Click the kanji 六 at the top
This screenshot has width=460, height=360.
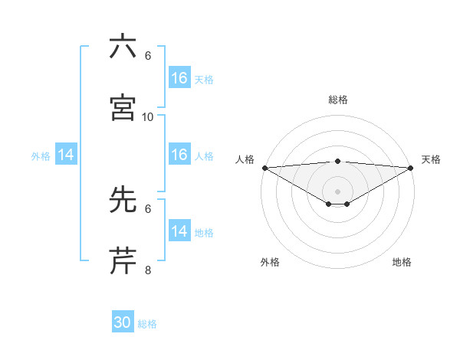123,47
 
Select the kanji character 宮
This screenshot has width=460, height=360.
123,108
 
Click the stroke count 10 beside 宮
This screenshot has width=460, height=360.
148,116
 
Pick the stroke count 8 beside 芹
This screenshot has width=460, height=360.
148,270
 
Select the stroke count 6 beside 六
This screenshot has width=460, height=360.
148,56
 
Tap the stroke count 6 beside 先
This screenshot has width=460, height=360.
148,208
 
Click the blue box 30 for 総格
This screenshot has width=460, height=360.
123,323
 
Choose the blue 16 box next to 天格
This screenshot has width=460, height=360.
179,78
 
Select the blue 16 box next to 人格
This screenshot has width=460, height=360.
179,155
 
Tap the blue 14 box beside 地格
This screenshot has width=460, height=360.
179,231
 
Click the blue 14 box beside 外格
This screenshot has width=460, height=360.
66,155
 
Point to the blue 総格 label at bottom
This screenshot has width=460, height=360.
147,324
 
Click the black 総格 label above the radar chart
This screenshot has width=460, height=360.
338,100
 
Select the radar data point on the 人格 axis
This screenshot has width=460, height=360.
264,168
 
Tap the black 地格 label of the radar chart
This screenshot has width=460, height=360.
402,262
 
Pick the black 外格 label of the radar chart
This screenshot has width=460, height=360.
270,262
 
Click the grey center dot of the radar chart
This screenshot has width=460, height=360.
338,191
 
